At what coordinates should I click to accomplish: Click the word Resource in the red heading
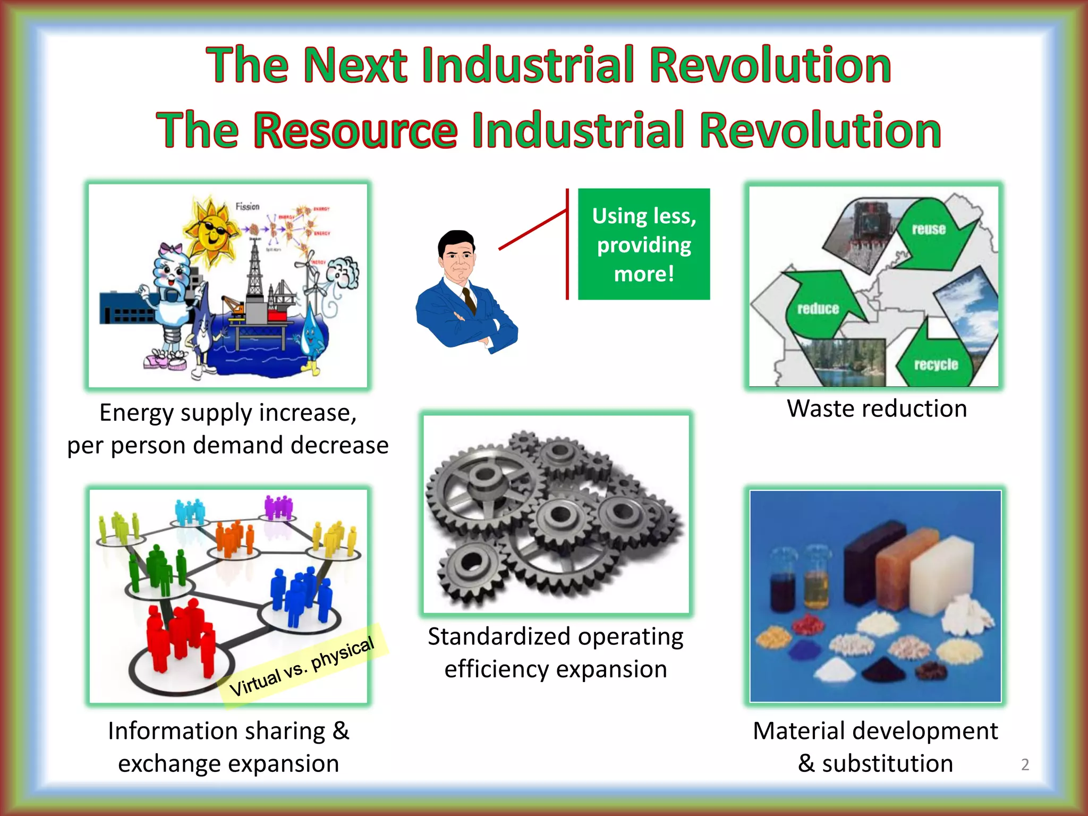coord(355,131)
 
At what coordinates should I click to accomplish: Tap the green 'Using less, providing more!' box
coord(644,244)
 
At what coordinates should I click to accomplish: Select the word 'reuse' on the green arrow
coord(929,229)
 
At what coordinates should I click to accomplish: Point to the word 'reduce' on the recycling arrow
coord(818,309)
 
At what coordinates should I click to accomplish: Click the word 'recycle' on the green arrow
coord(936,364)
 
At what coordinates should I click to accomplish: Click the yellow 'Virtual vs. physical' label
coord(302,666)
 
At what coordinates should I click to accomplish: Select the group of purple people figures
coord(278,507)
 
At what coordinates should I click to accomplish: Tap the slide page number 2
coord(1025,764)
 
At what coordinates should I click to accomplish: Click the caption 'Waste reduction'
coord(877,409)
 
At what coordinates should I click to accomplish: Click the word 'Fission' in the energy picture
coord(248,206)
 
